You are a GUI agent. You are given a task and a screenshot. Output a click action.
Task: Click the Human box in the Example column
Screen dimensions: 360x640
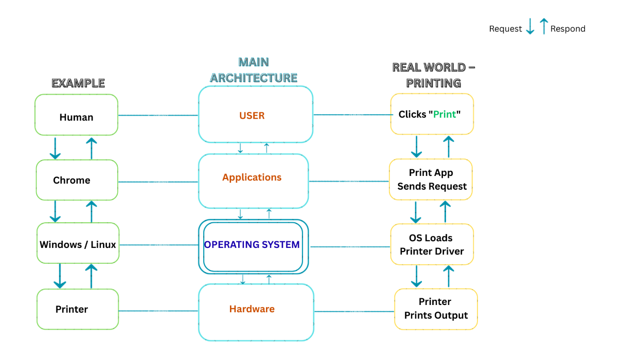[x=76, y=115]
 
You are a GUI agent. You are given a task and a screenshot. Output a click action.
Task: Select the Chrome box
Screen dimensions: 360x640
[x=77, y=180]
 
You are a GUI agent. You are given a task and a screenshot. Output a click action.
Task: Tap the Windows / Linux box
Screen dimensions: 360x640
[x=78, y=244]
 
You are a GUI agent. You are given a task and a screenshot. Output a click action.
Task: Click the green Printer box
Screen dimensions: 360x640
[x=78, y=309]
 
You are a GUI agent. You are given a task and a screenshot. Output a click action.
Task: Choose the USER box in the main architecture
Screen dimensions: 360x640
[x=255, y=115]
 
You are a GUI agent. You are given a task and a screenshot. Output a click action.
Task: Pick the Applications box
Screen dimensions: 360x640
[x=253, y=181]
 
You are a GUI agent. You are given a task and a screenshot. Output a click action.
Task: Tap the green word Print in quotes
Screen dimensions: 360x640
[x=445, y=114]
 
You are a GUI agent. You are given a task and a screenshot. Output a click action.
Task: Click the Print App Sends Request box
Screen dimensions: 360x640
[x=431, y=179]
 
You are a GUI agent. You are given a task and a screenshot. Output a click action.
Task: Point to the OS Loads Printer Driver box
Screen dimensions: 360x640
[x=432, y=244]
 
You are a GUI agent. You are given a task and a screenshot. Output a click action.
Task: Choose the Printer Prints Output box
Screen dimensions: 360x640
[x=436, y=309]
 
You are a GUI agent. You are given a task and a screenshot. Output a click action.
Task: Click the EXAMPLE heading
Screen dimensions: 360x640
[x=78, y=83]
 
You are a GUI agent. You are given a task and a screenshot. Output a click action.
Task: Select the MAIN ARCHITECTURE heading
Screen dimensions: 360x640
[x=254, y=70]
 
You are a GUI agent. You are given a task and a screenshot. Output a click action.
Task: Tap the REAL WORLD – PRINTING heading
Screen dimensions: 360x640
[x=433, y=75]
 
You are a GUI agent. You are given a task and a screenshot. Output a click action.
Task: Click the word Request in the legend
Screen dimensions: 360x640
[x=505, y=29]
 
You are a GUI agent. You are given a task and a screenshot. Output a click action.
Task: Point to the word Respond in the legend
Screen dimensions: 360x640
[x=567, y=29]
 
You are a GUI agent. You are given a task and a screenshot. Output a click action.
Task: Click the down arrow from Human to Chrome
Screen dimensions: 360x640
[x=55, y=149]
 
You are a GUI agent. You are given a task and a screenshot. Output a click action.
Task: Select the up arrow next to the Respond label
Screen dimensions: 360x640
[x=544, y=26]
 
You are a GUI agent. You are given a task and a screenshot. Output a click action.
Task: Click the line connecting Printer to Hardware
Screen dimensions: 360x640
[x=158, y=311]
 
